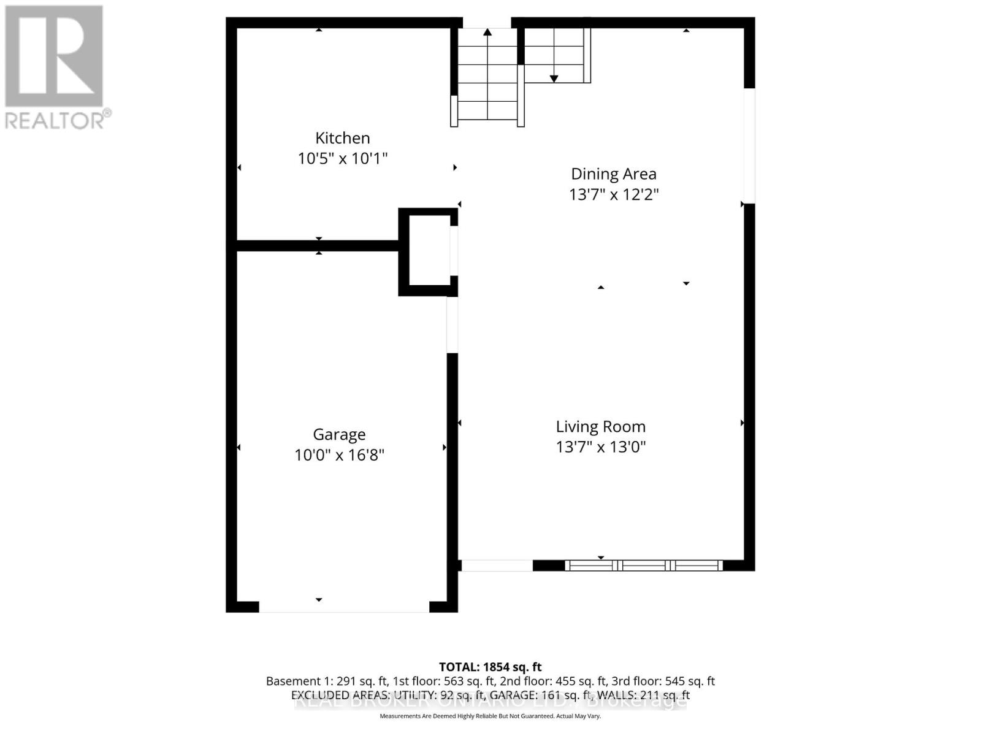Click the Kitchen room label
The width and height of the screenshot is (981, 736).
click(x=342, y=138)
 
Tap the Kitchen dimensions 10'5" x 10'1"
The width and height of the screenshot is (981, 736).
click(x=342, y=159)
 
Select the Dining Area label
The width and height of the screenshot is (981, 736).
click(x=613, y=174)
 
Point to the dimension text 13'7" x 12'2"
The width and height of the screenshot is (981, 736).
click(x=613, y=194)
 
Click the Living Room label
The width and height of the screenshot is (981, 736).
click(x=600, y=426)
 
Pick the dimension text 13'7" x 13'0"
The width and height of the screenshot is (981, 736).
click(x=600, y=447)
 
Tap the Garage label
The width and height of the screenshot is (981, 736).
click(x=339, y=434)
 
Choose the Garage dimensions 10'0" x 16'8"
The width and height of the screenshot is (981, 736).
click(x=339, y=455)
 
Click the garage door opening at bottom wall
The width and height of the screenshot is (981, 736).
click(x=343, y=607)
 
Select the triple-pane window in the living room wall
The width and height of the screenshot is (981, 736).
click(x=643, y=565)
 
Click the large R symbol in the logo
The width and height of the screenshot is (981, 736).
click(x=54, y=56)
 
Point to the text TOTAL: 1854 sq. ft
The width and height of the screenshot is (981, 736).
click(x=490, y=667)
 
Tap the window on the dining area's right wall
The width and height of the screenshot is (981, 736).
click(x=749, y=145)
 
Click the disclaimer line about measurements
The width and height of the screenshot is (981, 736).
click(x=490, y=716)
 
